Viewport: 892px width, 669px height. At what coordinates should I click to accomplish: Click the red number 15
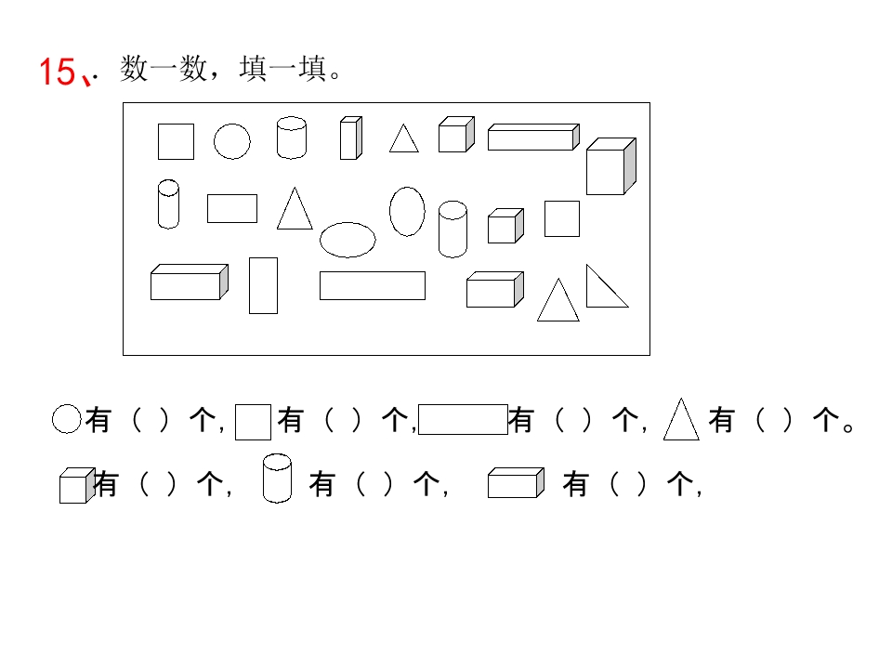pyautogui.click(x=57, y=72)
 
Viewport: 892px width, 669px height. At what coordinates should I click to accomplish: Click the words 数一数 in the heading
pyautogui.click(x=164, y=69)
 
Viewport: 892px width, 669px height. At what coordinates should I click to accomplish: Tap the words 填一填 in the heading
pyautogui.click(x=283, y=69)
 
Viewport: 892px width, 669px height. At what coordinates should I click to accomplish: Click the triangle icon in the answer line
pyautogui.click(x=681, y=420)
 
